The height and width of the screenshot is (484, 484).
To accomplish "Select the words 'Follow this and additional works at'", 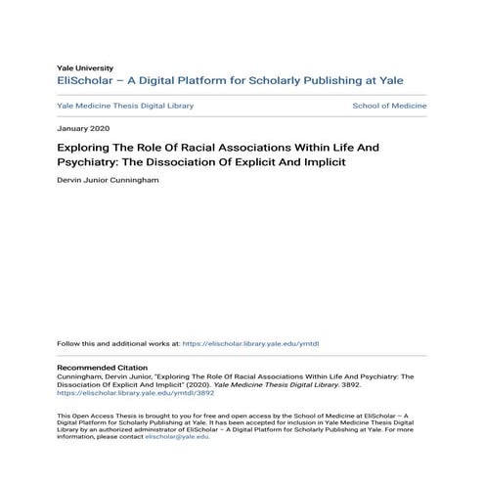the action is [118, 344].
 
